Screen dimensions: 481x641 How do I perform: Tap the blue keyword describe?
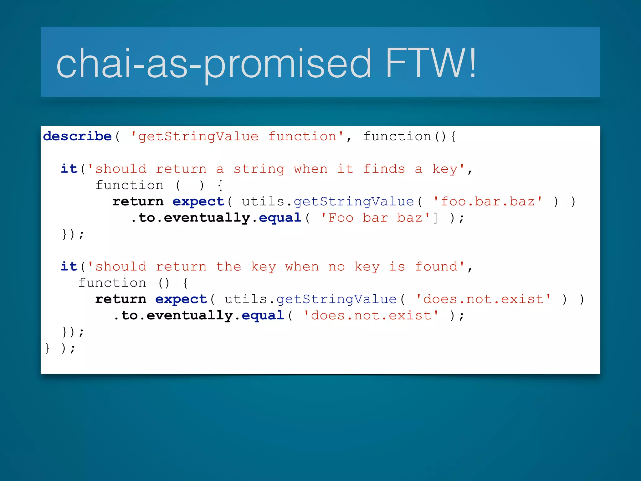[77, 136]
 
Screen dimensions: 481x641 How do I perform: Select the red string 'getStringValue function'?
[237, 136]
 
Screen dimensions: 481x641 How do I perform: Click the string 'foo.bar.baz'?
[488, 201]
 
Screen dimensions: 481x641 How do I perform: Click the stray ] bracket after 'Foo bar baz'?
[435, 218]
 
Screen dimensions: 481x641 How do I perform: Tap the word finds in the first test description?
[384, 169]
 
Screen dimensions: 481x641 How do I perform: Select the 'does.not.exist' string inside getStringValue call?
[483, 299]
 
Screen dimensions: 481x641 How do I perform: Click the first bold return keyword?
[138, 201]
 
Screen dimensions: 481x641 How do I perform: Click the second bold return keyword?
[121, 299]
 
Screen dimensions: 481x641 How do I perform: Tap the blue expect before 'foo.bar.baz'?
[198, 201]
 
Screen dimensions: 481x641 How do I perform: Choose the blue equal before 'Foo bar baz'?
[280, 218]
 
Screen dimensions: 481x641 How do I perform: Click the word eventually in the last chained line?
[190, 315]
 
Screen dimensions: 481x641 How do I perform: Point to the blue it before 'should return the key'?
[69, 266]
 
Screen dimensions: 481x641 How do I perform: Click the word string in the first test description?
[259, 169]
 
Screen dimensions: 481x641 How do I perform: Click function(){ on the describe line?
[409, 136]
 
